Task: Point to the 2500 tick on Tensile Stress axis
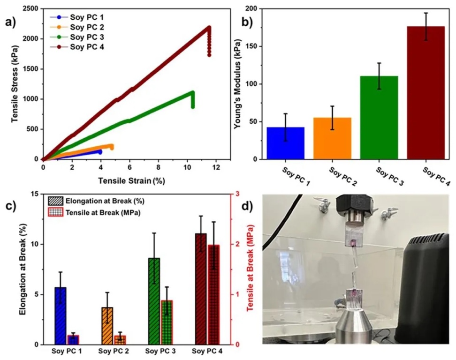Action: click(x=31, y=9)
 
